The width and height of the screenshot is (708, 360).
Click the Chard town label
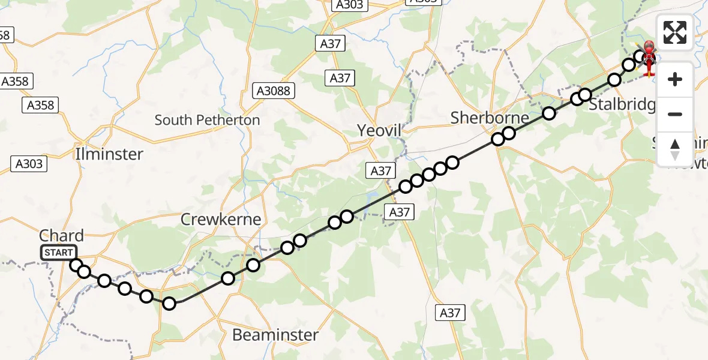click(61, 236)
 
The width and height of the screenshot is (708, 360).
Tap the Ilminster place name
click(109, 154)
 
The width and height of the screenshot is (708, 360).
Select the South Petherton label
click(207, 120)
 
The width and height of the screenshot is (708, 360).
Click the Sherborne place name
click(490, 118)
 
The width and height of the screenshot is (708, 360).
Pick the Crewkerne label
click(221, 220)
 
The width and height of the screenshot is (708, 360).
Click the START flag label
click(59, 253)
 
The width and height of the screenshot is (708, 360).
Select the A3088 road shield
click(274, 91)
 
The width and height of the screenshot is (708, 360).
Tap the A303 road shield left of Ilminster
click(28, 163)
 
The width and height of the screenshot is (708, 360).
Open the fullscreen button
click(675, 32)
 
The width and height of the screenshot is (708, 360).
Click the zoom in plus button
click(675, 79)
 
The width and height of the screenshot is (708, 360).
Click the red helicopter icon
click(649, 57)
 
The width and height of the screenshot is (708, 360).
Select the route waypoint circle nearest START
click(76, 265)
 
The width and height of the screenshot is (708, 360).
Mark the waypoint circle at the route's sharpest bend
click(169, 304)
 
